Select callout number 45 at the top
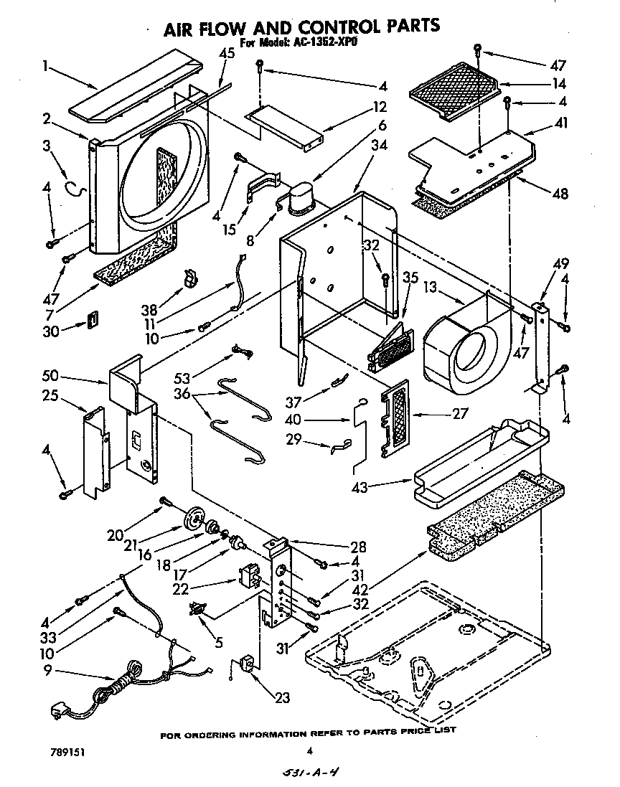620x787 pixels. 227,52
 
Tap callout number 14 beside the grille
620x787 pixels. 560,83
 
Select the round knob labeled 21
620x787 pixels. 193,519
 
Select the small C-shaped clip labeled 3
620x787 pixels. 77,189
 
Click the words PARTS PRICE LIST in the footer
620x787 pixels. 410,730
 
